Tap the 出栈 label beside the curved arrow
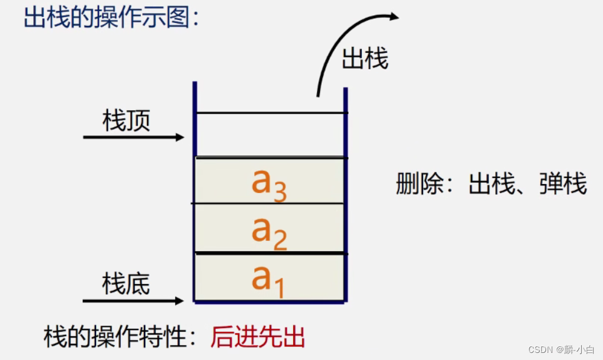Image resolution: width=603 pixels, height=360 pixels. click(365, 59)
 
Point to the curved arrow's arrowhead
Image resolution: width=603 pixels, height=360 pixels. click(393, 17)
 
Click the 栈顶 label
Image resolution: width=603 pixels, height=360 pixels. click(126, 121)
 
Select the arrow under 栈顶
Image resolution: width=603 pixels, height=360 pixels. click(134, 137)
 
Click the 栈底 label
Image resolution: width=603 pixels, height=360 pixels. click(126, 284)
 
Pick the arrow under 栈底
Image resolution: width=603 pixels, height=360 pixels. click(134, 301)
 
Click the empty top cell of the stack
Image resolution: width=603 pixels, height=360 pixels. click(271, 135)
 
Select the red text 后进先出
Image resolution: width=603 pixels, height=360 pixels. click(258, 337)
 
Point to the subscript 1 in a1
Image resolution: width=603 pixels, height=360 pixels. click(279, 289)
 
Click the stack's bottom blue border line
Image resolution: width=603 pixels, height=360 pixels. click(270, 302)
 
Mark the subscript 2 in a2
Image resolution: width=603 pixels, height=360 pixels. click(280, 240)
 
